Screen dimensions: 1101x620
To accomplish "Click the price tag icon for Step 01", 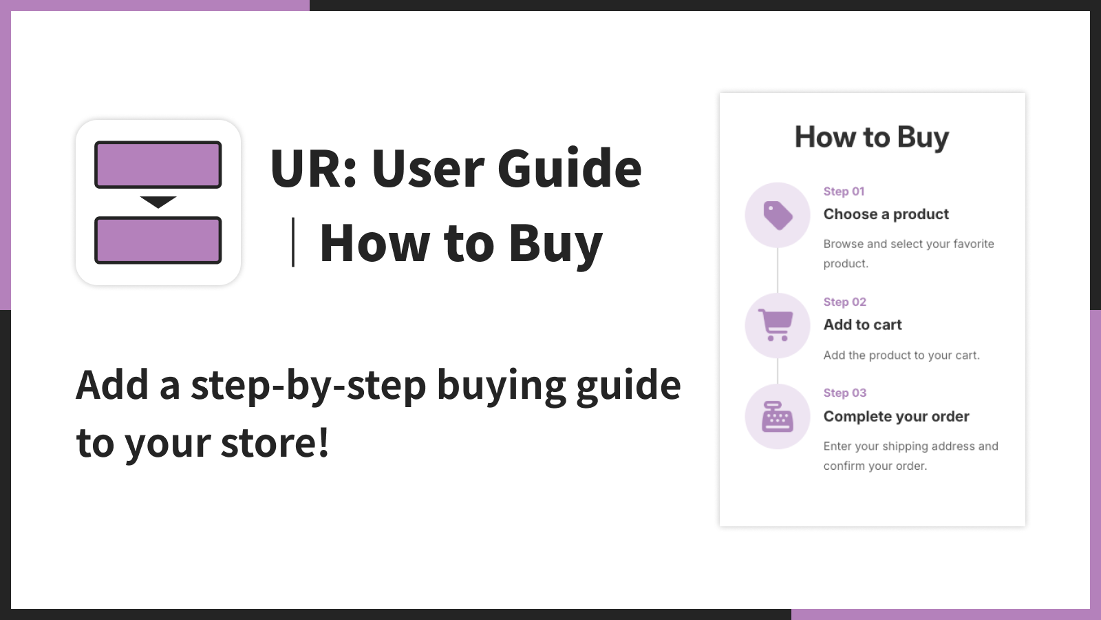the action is point(778,215).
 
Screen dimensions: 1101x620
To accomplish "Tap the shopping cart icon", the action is point(776,324).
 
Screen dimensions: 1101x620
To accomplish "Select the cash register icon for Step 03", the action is point(777,416).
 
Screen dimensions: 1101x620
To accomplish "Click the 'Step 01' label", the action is point(844,192).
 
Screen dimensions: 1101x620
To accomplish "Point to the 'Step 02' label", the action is point(845,302).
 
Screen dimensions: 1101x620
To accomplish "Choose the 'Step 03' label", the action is point(845,393).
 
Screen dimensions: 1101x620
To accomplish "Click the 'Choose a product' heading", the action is point(886,214).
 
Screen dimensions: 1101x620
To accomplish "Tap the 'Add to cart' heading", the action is point(863,324).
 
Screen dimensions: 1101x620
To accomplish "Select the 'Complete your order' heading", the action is point(897,416).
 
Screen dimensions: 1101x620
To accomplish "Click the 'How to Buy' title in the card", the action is point(872,137).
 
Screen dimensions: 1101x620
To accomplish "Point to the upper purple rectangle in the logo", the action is point(158,165).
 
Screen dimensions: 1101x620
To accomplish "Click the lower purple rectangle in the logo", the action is point(158,240).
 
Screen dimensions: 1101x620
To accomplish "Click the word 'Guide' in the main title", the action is point(569,168).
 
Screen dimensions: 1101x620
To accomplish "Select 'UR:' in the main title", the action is point(313,168).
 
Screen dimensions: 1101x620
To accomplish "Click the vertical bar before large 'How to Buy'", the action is point(293,242).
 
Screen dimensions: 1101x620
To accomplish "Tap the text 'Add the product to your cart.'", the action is point(901,355).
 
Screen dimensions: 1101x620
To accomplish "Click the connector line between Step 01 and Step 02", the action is point(778,270).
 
